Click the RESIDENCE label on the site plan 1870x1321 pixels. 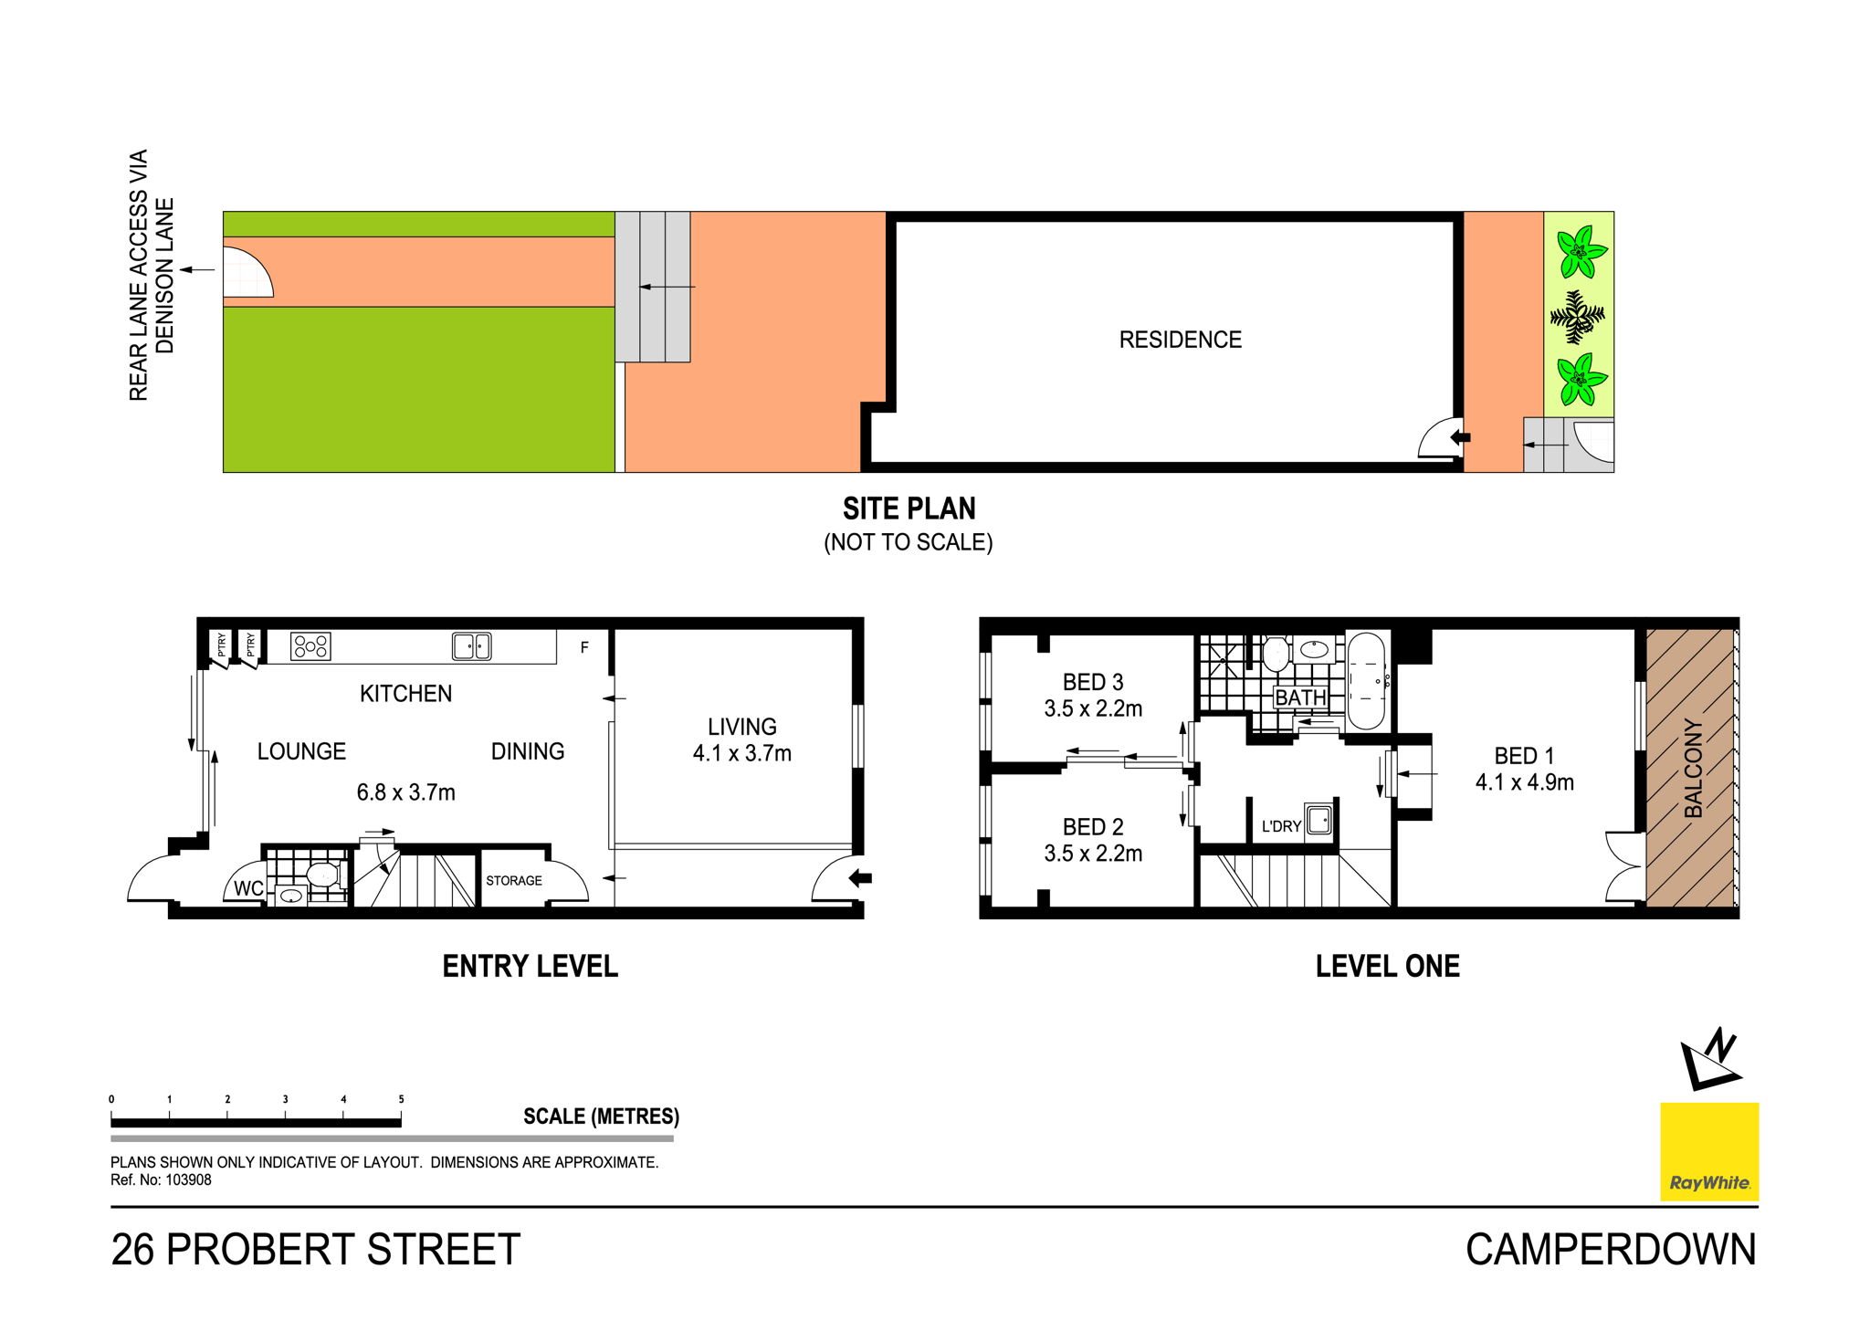click(x=1180, y=340)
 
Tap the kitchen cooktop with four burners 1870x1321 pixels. click(x=310, y=646)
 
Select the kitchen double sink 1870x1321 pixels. click(x=472, y=646)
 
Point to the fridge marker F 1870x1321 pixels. click(x=584, y=647)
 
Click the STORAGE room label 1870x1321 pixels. click(x=514, y=881)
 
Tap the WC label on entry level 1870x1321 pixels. click(x=248, y=888)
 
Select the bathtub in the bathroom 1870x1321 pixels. click(x=1366, y=680)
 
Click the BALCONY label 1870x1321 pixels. click(x=1694, y=768)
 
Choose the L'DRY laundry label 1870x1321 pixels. click(x=1281, y=826)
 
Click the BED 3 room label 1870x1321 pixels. click(x=1093, y=682)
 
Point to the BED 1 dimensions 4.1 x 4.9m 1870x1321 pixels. click(x=1525, y=782)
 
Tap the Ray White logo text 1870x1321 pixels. click(x=1709, y=1183)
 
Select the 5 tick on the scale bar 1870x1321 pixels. click(x=401, y=1099)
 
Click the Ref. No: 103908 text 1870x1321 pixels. click(x=161, y=1179)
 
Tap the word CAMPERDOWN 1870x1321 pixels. click(x=1611, y=1250)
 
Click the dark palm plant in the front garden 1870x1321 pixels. click(x=1578, y=316)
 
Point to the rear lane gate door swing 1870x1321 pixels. click(x=248, y=272)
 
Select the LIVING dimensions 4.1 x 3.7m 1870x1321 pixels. click(x=741, y=753)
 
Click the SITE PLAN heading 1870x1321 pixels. click(x=909, y=508)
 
